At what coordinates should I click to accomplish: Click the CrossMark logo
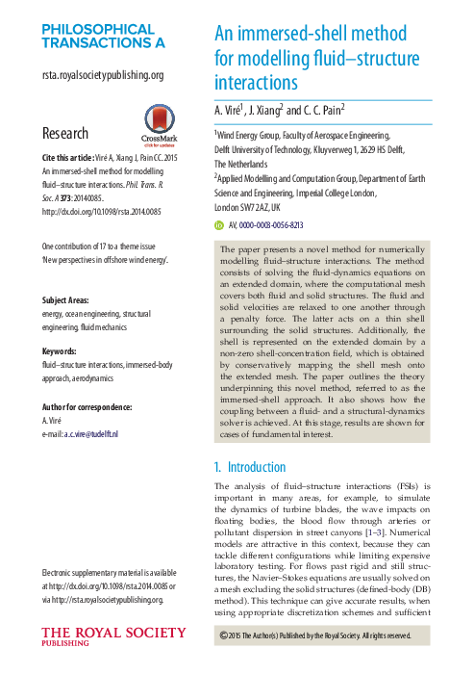pos(150,123)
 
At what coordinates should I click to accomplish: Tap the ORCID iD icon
pos(218,223)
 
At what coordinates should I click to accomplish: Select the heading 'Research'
pos(66,132)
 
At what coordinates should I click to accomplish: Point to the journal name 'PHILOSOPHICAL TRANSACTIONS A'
pos(103,36)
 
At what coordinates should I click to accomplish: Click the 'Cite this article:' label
pos(67,157)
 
